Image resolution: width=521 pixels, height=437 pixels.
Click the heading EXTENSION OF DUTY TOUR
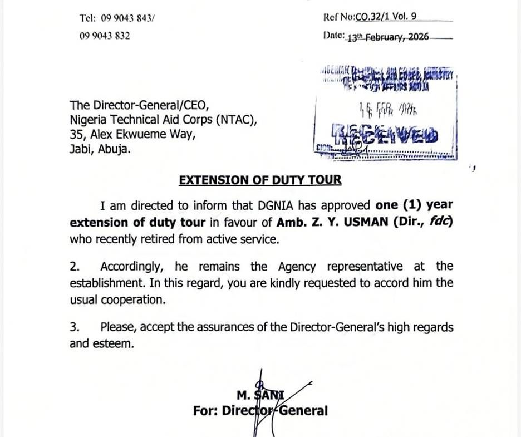(260, 180)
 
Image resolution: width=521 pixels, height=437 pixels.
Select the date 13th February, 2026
(387, 37)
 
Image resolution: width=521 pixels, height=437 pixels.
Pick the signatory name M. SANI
(260, 396)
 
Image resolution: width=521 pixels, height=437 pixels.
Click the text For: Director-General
(260, 411)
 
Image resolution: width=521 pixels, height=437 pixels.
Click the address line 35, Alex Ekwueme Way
(132, 134)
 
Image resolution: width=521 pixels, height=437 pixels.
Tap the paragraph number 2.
(74, 267)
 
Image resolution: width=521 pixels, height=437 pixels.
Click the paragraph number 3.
(74, 327)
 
